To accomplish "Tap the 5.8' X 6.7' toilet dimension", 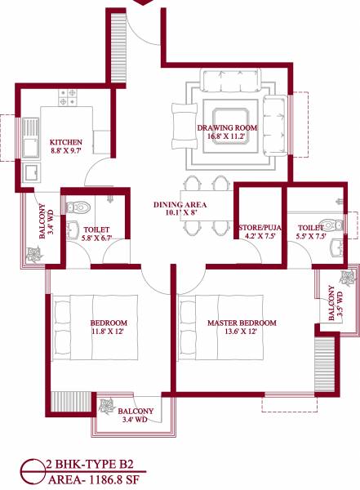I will pyautogui.click(x=96, y=239).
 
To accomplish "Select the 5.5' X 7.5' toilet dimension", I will pyautogui.click(x=311, y=238).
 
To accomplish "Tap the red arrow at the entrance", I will pyautogui.click(x=144, y=2).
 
